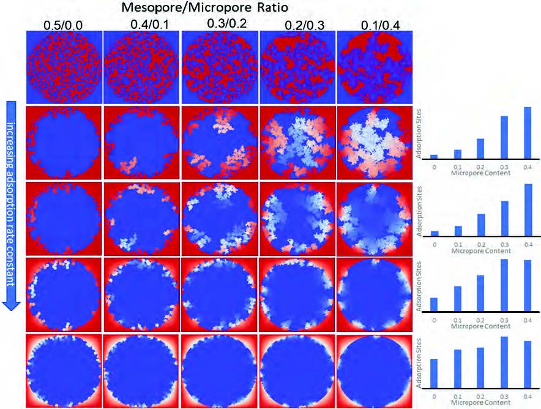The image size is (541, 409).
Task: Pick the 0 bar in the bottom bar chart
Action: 434,377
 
